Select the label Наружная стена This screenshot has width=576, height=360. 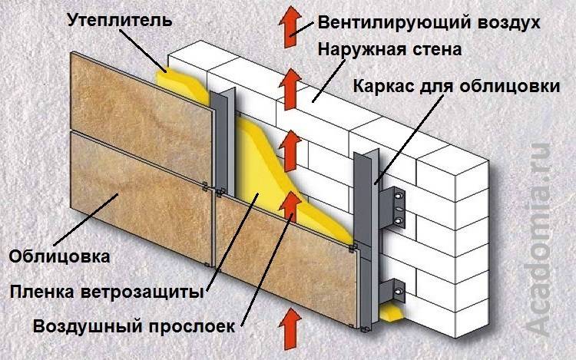click(x=388, y=51)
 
